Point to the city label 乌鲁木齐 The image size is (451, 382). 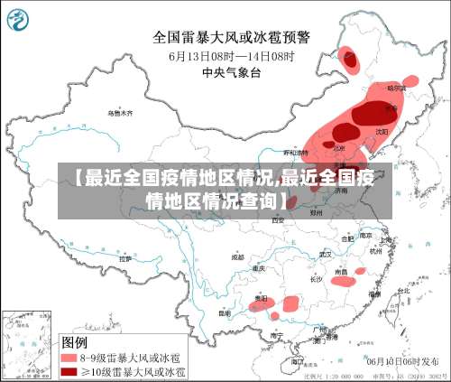(119, 114)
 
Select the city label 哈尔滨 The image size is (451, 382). (397, 89)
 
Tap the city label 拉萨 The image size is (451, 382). (125, 259)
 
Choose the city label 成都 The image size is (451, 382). (237, 256)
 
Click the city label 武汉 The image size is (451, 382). (326, 255)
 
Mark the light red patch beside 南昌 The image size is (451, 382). (345, 280)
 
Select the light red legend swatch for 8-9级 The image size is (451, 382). (69, 358)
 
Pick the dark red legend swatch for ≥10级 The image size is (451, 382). (69, 370)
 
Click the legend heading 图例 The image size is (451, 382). (74, 342)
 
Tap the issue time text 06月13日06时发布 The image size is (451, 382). (405, 359)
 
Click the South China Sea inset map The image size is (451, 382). (27, 344)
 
